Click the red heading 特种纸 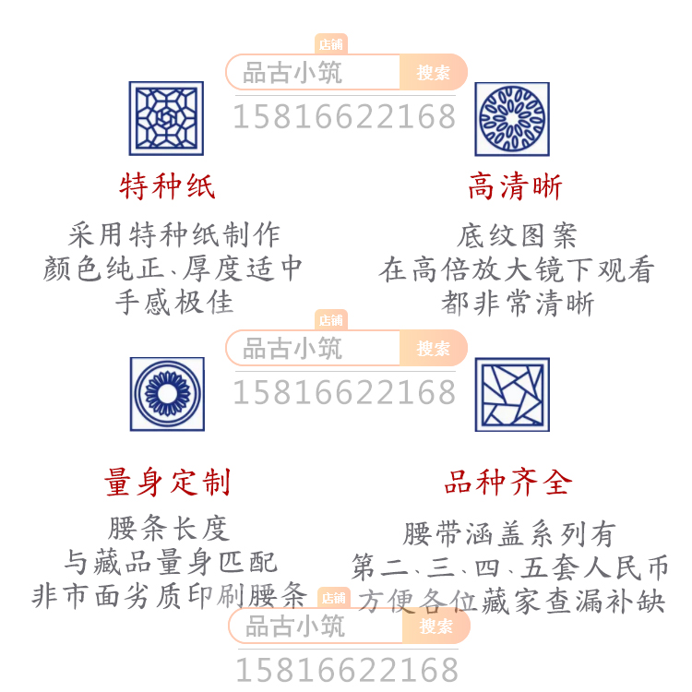[x=167, y=187]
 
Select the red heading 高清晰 [x=515, y=187]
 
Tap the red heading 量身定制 [x=167, y=482]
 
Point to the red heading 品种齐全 [x=508, y=482]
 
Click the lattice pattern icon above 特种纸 [x=166, y=118]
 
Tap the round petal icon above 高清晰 [x=512, y=118]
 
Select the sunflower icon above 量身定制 [x=167, y=394]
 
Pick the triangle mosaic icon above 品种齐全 [x=512, y=394]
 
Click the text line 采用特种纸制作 [x=173, y=234]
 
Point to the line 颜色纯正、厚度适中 [x=173, y=268]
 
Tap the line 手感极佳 [x=173, y=302]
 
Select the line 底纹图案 [x=517, y=236]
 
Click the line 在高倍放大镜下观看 [x=517, y=270]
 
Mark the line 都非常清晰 [x=517, y=304]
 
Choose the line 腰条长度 [x=168, y=529]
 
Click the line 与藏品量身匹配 [x=170, y=562]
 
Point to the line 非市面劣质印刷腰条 [x=170, y=595]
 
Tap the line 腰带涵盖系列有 [x=509, y=534]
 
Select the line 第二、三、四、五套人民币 [x=509, y=567]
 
